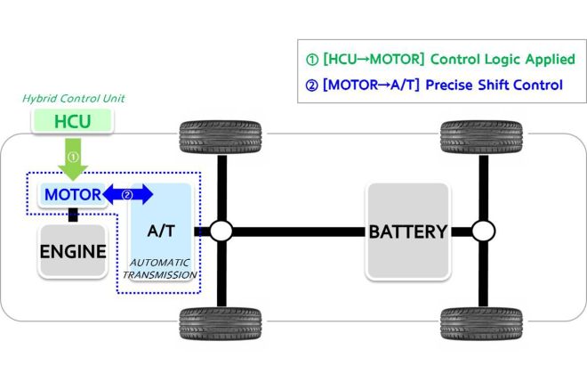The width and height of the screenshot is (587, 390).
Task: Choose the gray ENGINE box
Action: point(72,251)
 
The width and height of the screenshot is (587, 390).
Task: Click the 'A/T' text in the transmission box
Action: point(161,231)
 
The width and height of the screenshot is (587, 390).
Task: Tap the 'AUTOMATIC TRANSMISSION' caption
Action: point(161,270)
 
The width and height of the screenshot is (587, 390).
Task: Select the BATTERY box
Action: point(408,232)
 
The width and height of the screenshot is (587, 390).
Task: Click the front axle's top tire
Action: point(221,136)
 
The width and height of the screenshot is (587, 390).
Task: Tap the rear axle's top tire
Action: point(482,136)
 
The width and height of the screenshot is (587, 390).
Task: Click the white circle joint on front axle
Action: point(221,232)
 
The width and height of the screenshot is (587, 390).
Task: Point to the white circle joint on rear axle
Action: point(483,232)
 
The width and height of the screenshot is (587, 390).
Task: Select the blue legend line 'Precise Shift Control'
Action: point(438,85)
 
